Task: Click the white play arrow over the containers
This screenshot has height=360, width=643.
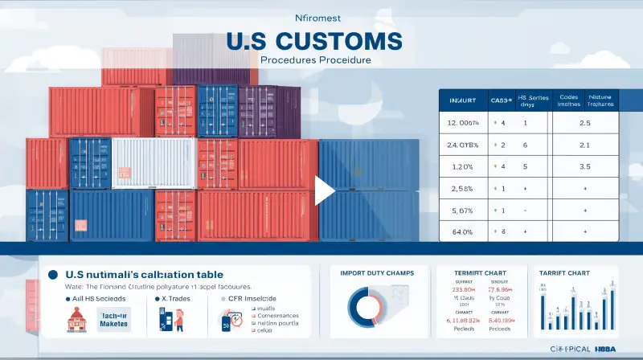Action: [x=325, y=190]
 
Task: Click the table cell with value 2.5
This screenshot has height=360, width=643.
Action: [x=584, y=123]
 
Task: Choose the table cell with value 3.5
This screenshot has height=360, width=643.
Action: [x=584, y=166]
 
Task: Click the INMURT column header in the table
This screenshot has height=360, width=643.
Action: [x=461, y=101]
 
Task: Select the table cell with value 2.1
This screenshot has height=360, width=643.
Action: [x=584, y=145]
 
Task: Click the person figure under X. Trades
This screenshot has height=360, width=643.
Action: [x=178, y=319]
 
